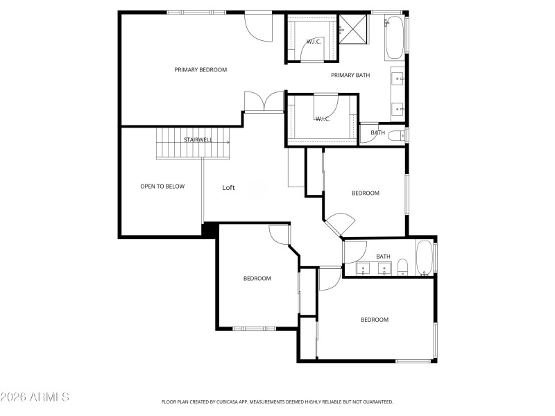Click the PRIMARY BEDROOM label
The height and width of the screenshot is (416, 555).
(x=200, y=69)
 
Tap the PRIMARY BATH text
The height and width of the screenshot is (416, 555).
(x=350, y=75)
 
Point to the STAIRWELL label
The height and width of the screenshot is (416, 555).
(x=198, y=140)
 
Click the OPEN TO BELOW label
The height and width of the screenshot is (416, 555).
(x=162, y=186)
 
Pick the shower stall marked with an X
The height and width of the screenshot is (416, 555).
(x=352, y=29)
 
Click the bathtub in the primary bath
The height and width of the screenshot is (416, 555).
(x=395, y=37)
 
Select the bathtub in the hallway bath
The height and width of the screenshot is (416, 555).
(x=424, y=259)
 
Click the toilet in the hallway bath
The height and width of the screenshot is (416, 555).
(x=402, y=267)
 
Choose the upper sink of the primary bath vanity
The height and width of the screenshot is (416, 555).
(x=398, y=78)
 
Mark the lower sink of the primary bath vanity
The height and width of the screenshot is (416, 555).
(x=398, y=107)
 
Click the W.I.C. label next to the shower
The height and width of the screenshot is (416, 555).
(x=313, y=42)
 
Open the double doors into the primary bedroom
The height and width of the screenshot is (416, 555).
(x=264, y=102)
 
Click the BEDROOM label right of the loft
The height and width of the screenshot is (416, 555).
(x=365, y=193)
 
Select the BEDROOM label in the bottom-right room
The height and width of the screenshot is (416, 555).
(x=374, y=320)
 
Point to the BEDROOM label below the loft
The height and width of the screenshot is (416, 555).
(x=257, y=278)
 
